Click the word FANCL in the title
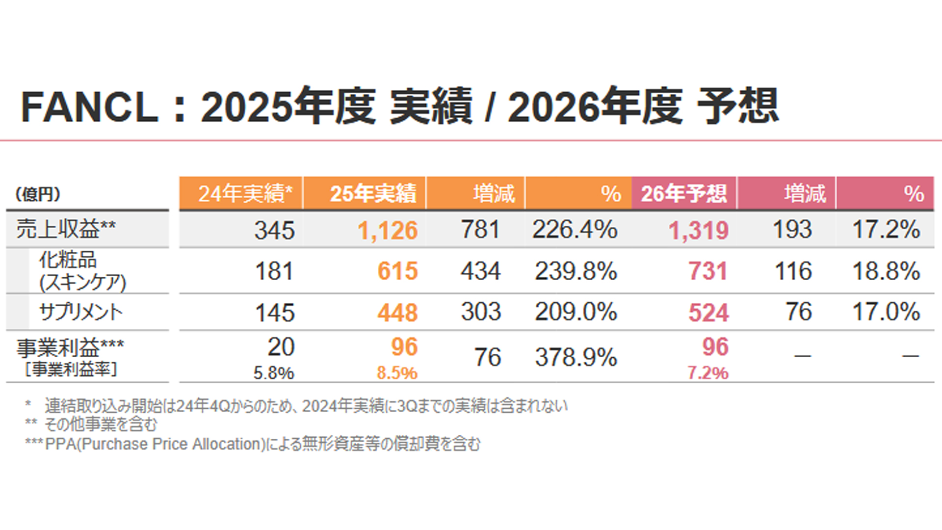coord(90,107)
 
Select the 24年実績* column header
coord(245,193)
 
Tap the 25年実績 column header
coord(373,193)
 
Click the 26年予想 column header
coord(683,193)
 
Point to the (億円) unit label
coord(38,194)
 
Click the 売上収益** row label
coord(66,229)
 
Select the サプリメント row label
coord(81,312)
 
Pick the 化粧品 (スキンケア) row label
coord(82,271)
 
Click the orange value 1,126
coord(387,230)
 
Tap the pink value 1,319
coord(698,230)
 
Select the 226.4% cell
coord(575,230)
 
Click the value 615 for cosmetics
coord(397,271)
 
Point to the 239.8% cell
coord(576,271)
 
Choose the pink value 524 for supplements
coord(708,312)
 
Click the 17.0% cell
coord(886,312)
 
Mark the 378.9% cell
coord(576,357)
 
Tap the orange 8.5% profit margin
coord(397,373)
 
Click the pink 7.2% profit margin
coord(707,373)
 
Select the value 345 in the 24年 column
coord(274,230)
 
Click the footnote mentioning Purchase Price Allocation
coord(253,444)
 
